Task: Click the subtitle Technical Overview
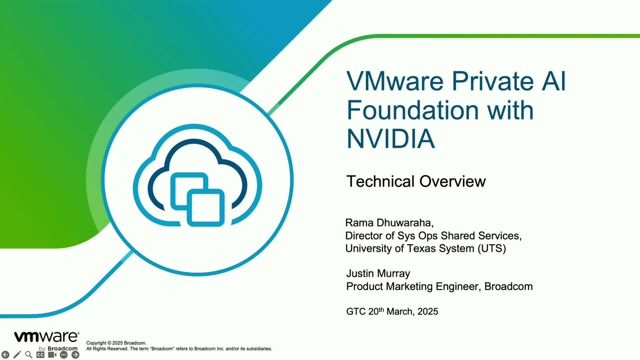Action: (x=416, y=181)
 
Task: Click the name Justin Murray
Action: (x=378, y=274)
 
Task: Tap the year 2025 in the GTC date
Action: (x=426, y=311)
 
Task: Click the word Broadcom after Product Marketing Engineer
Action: (x=509, y=286)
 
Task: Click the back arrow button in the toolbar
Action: (x=6, y=355)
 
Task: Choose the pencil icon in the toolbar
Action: (x=17, y=355)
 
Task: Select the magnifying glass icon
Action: (x=29, y=355)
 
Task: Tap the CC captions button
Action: (x=41, y=355)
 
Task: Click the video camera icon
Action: (x=52, y=355)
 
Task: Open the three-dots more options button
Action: (x=64, y=355)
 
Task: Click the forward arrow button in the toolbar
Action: (x=75, y=355)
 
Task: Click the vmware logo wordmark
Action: (x=46, y=337)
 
